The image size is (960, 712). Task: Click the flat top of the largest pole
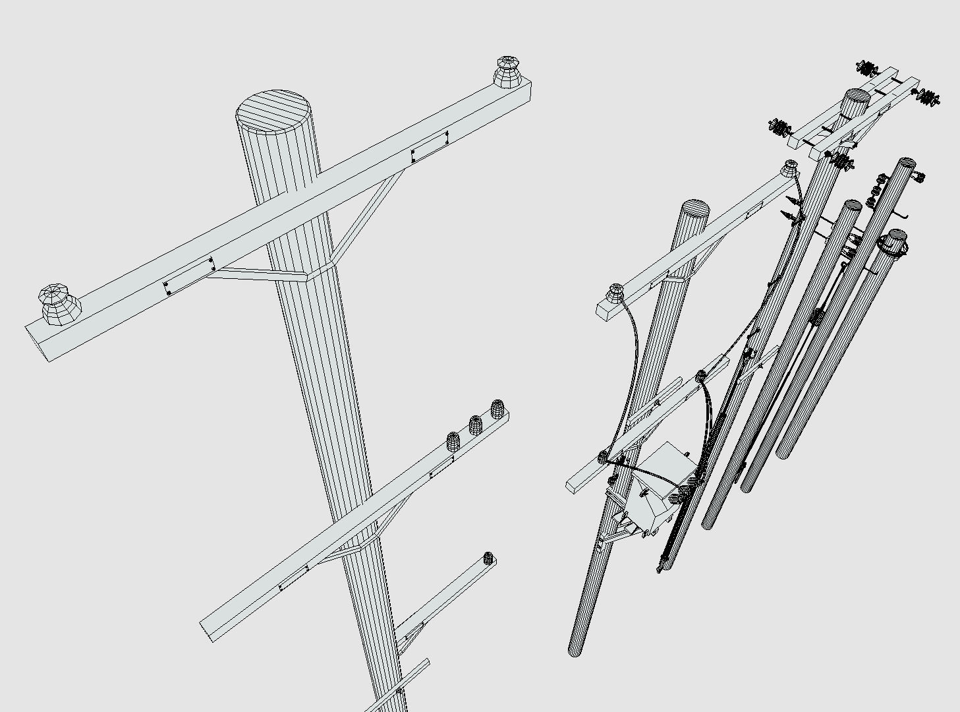[x=273, y=109]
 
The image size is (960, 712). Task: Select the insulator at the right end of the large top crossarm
[x=507, y=71]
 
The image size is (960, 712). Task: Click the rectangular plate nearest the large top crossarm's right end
[x=430, y=146]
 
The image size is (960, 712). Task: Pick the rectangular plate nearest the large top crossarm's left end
[x=190, y=276]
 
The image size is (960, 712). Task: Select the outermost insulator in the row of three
[x=497, y=409]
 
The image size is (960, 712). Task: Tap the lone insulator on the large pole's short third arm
[x=488, y=558]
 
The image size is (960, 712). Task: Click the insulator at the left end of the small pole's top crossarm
[x=616, y=291]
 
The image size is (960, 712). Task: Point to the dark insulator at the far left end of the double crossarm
[x=781, y=127]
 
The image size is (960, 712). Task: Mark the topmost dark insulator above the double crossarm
[x=867, y=67]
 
